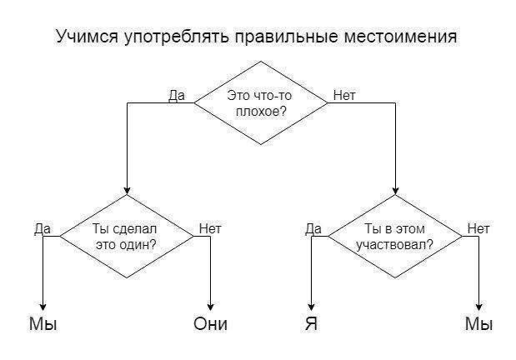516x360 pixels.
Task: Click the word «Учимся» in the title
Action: pos(88,36)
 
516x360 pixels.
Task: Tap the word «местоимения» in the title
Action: pos(400,36)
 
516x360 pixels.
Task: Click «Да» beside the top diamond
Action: pos(177,96)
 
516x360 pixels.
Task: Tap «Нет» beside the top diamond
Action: pos(344,96)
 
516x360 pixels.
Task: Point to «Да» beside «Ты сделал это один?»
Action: pos(43,229)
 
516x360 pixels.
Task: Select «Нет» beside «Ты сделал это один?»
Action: pos(210,228)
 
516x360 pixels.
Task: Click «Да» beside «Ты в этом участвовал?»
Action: pos(313,229)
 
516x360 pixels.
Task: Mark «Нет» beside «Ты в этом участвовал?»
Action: pos(478,228)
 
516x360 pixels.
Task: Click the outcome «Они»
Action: pos(210,324)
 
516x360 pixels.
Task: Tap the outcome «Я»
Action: pos(311,324)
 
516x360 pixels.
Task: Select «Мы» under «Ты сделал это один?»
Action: pos(43,324)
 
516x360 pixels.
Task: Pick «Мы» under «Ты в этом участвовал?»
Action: pos(478,324)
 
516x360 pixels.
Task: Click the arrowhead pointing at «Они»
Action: pos(210,307)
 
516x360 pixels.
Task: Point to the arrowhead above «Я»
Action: pos(311,307)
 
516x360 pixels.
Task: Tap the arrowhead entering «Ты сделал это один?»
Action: pos(127,191)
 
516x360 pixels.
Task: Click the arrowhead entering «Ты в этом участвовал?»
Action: pos(396,191)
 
